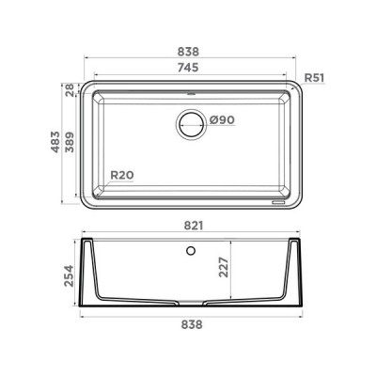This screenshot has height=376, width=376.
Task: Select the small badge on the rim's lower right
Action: pos(277,200)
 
